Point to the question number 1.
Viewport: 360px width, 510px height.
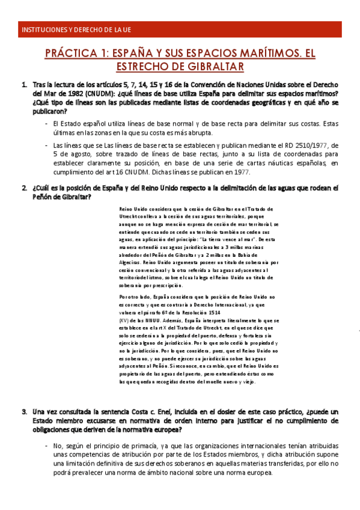pos(24,84)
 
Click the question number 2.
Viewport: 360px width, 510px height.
pos(24,188)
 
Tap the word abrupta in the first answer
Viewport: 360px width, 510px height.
pos(200,132)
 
